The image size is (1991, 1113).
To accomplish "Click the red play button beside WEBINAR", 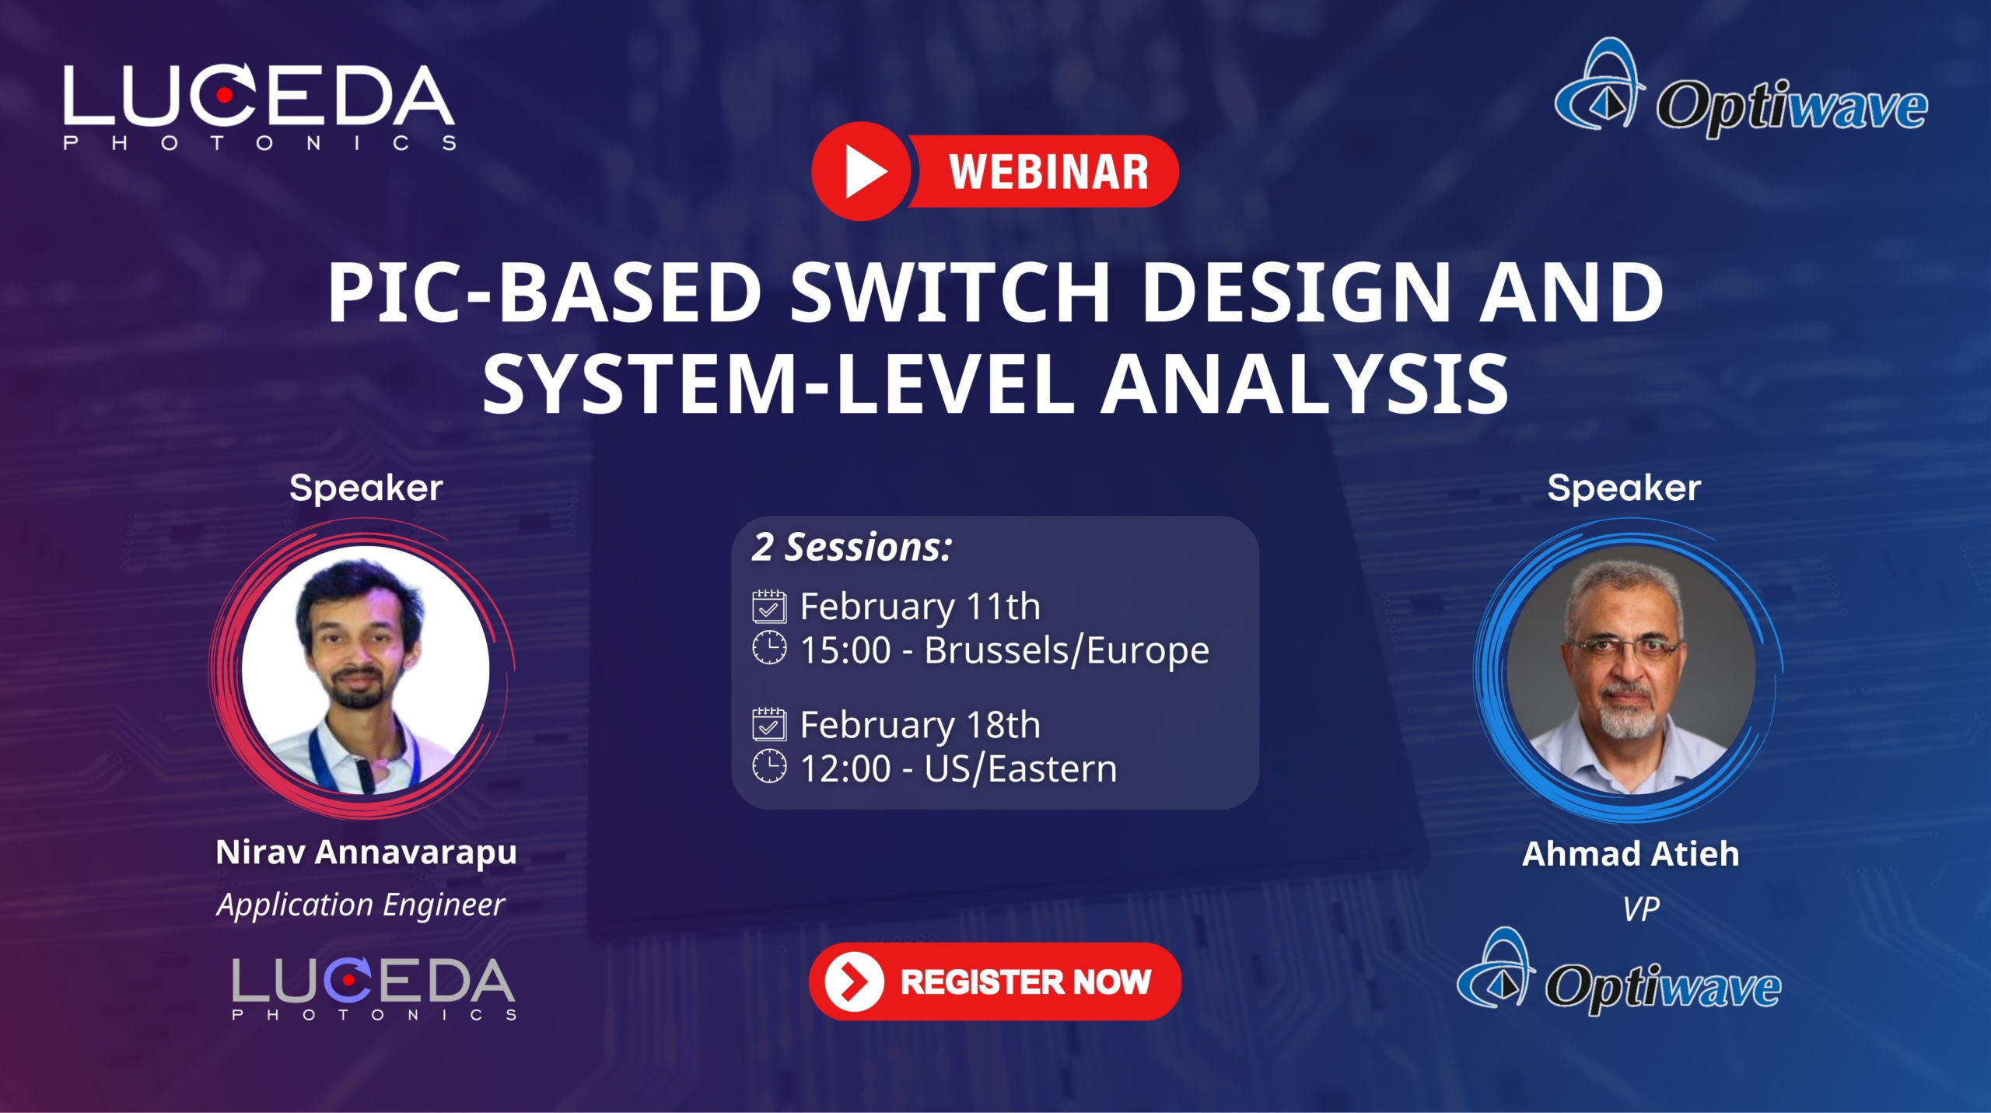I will (862, 171).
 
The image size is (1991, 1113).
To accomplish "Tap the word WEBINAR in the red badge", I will (1048, 172).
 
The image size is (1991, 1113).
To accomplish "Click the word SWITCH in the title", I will (950, 292).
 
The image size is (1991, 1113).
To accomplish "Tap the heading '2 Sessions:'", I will (852, 547).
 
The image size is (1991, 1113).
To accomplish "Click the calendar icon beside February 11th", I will (769, 607).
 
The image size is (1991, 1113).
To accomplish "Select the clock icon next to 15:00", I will (769, 648).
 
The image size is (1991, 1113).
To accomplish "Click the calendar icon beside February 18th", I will (769, 724).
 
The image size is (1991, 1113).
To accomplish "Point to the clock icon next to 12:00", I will (769, 766).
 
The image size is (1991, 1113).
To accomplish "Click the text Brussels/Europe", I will (1066, 650).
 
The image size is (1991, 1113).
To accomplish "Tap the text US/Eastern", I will (1020, 768).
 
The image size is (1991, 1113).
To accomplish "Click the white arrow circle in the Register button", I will (854, 982).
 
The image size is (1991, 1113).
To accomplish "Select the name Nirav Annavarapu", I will (366, 852).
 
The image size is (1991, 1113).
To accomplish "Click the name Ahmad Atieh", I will (1630, 854).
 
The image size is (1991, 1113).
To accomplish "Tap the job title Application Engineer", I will (361, 905).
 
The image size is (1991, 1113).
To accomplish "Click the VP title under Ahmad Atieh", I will (1640, 908).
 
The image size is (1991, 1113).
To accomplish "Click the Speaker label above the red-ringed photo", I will (366, 488).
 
